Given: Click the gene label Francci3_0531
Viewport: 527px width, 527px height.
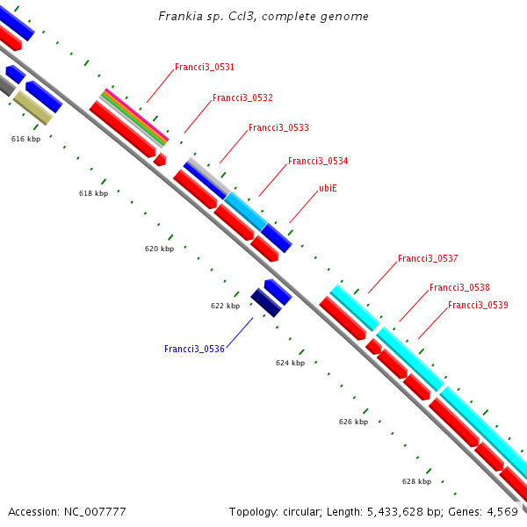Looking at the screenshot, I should point(204,67).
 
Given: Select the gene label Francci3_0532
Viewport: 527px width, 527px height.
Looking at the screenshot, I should point(242,97).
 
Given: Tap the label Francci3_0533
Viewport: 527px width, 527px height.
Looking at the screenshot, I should point(278,127).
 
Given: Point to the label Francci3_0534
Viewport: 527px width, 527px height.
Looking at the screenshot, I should point(318,161).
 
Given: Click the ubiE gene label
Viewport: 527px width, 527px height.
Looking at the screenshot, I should point(329,188).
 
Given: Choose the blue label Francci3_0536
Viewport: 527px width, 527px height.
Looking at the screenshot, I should point(194,349).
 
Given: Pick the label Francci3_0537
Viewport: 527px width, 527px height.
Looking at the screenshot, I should point(428,258).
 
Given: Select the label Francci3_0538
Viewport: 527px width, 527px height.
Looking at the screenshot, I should point(459,287).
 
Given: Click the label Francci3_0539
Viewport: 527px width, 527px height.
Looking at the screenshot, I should point(478,305).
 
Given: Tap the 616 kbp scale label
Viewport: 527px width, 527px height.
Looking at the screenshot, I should point(25,139).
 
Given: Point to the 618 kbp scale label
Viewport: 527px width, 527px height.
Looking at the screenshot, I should point(93,193).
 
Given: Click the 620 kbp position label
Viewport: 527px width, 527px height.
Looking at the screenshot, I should point(159,249).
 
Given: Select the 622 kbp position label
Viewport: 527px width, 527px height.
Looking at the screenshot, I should point(225,306).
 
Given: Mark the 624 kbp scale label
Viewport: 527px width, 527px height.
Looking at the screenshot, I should point(290,363).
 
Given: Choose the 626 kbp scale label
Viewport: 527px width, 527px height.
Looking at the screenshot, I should point(353,422).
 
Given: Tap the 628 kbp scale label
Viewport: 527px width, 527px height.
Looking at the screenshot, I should point(416,481).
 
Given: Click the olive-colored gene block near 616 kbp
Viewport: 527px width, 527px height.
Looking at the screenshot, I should point(33,109).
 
